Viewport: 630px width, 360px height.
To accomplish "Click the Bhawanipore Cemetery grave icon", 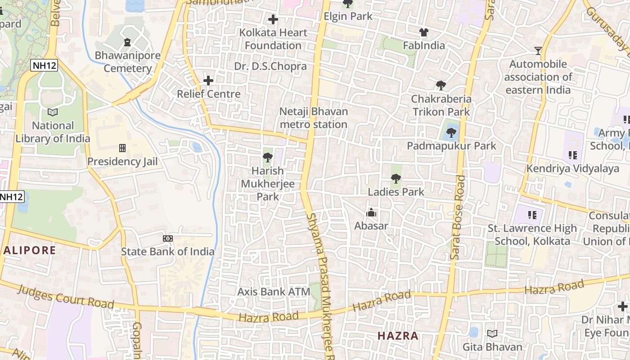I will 127,43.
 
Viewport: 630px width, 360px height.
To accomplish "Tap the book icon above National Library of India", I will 53,112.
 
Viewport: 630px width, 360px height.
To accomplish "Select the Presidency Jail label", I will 122,162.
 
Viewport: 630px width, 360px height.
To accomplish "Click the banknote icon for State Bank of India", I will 167,238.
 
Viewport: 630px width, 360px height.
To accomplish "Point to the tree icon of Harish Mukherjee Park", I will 268,157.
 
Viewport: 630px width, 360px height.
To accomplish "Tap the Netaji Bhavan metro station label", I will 313,118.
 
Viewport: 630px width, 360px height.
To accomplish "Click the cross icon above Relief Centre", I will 208,81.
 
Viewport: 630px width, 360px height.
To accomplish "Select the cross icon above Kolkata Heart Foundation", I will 273,19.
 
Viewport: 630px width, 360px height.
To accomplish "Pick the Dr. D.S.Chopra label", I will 270,67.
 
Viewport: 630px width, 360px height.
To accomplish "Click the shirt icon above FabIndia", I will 424,32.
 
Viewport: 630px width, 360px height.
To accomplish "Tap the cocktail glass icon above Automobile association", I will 538,50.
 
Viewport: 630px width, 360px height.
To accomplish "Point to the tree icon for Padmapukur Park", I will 451,133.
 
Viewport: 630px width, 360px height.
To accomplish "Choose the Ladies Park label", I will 396,192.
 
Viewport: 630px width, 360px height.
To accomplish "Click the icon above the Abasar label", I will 371,213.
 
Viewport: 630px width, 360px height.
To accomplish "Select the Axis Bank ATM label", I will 274,292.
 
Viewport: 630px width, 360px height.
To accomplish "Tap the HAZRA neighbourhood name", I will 398,336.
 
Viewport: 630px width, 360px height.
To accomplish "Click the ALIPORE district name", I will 30,251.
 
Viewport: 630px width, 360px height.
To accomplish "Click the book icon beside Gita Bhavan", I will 492,334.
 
